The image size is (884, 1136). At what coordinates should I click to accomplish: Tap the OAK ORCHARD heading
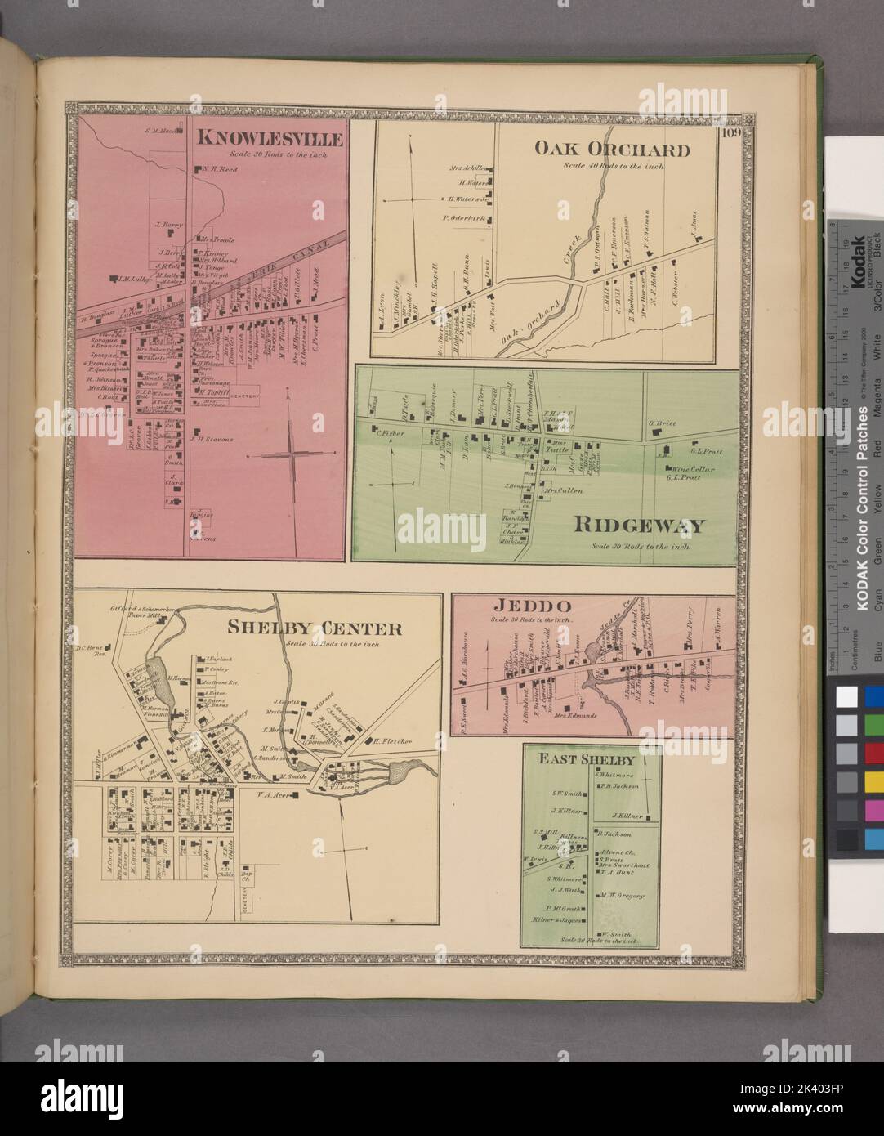(x=613, y=149)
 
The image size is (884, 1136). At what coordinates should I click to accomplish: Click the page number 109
(x=729, y=135)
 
